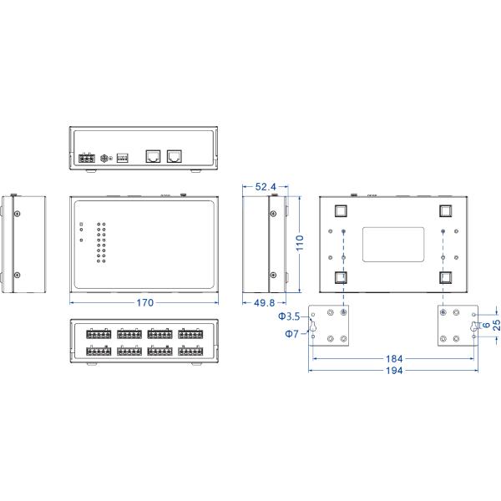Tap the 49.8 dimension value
coord(262,303)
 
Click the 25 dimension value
coord(494,326)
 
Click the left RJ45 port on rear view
coord(153,155)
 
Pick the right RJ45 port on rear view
coord(175,155)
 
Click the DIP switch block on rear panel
coord(123,157)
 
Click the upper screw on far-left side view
coord(18,214)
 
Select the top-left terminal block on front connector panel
coord(99,334)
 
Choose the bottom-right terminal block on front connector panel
coord(191,352)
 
